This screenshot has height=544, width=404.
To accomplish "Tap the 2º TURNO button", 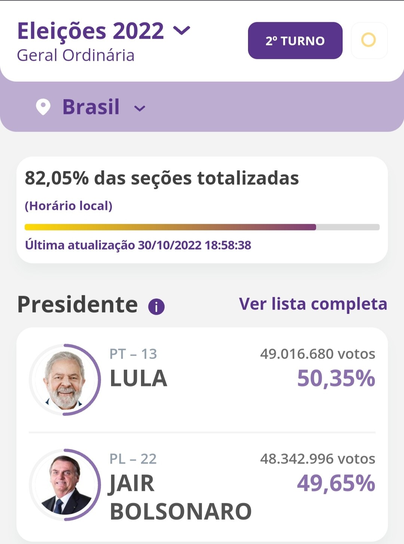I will pos(295,40).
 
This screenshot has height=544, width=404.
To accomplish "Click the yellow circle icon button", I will pos(368,40).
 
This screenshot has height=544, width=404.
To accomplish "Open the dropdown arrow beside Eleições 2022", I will pos(182,30).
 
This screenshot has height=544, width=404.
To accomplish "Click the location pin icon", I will pos(43,107).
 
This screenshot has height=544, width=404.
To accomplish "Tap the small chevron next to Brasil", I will pos(140,109).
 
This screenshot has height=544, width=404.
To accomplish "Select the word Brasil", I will pos(91,107).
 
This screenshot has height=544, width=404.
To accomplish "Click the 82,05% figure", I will pos(56,178).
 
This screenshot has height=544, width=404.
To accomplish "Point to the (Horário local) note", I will pos(68,206).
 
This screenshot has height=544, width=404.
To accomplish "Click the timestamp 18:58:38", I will pos(228,245).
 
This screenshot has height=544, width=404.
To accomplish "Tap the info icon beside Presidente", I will pos(156,307).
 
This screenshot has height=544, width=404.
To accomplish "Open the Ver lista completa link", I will pos(313,304).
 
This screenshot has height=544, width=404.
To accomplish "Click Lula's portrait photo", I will pos(64,380).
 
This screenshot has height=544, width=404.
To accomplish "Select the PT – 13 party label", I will pos(133,354).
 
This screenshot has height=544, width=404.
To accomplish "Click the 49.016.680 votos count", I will pos(318,354).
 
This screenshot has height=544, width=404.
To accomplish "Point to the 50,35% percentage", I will pos(336,378).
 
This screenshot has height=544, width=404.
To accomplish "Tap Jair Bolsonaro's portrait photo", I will pos(64,485).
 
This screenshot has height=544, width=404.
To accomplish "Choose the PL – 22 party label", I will pos(133,459).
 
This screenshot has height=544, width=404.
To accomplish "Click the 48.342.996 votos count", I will pos(318,459).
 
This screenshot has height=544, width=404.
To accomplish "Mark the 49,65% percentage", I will pos(336,483).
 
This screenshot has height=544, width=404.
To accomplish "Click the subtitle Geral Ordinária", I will pos(76,55).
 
